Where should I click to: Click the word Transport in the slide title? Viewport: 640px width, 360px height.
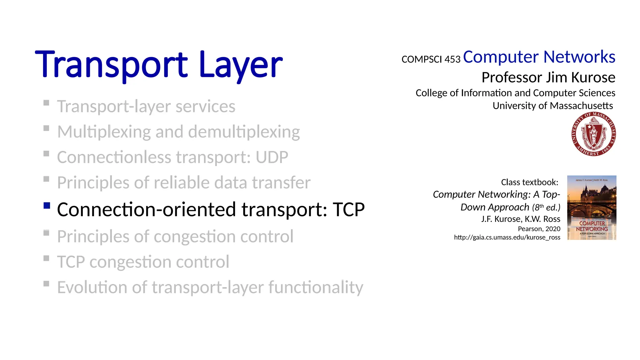tap(111, 65)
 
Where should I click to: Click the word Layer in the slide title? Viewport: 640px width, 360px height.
tap(240, 65)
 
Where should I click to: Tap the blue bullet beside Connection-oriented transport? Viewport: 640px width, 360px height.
tap(47, 205)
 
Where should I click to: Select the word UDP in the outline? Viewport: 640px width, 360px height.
tap(272, 157)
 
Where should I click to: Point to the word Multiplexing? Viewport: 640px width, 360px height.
tap(104, 132)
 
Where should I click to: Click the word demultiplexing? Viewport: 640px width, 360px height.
tap(244, 132)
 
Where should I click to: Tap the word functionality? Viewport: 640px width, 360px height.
tap(316, 287)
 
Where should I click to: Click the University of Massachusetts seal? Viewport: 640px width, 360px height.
tap(593, 134)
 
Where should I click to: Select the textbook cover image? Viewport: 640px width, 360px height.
tap(592, 207)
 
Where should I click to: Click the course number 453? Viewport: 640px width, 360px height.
tap(452, 59)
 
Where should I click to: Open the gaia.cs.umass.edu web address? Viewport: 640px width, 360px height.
tap(507, 237)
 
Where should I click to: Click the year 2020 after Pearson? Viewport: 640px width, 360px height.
tap(552, 229)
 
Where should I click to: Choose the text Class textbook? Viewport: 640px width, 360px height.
tap(529, 182)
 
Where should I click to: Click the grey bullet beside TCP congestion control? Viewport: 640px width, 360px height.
tap(47, 258)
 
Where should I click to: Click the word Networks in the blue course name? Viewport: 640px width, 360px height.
tap(579, 57)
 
